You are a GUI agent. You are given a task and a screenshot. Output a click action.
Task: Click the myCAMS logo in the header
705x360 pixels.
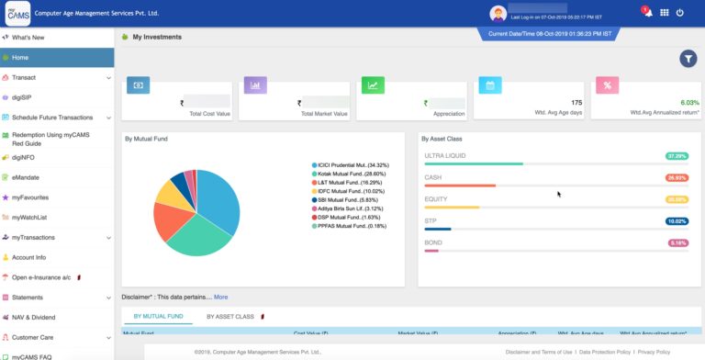coord(18,14)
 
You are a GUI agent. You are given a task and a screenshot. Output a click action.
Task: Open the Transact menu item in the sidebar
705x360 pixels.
coord(24,77)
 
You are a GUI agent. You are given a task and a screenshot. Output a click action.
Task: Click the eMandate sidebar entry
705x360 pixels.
coord(26,177)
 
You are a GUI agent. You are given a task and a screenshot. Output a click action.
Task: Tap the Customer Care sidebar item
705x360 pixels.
coord(33,338)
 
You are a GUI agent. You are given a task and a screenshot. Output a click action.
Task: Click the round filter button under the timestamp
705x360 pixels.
coord(688,59)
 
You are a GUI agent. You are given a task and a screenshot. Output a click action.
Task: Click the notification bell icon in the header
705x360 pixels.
coord(647,13)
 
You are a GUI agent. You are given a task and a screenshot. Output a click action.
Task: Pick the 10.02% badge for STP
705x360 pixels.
coord(677,221)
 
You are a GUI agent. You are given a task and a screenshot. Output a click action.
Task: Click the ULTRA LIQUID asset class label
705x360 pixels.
coord(444,156)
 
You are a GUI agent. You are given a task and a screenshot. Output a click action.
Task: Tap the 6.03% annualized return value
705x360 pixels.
coord(689,103)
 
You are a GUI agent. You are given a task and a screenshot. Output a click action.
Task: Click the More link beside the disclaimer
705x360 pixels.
coord(221,297)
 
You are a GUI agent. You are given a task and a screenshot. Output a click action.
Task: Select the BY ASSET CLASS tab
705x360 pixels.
coord(230,317)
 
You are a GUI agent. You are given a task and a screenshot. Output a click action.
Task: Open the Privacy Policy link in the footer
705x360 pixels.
coord(654,353)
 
